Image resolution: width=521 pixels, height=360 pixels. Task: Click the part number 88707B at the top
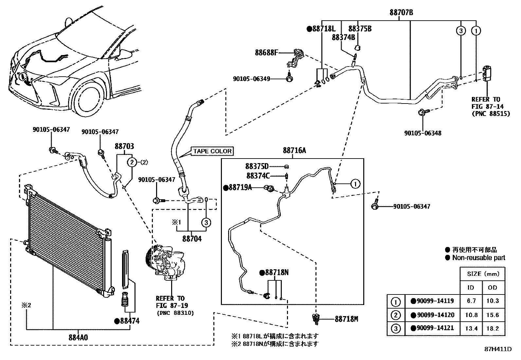point(401,12)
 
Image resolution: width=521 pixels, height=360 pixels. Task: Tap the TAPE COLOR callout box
point(212,151)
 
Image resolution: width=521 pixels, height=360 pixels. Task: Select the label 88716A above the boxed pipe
point(294,150)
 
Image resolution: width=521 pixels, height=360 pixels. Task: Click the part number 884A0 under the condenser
point(78,337)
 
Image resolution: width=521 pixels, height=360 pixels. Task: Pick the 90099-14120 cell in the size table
point(432,315)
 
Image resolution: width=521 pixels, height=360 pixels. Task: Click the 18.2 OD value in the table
point(493,329)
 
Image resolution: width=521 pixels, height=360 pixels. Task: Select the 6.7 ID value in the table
point(471,301)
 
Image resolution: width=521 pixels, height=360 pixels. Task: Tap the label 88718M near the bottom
point(346,319)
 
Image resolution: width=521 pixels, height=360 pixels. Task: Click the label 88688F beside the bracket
point(266,53)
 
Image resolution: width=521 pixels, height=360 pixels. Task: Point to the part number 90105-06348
point(422,133)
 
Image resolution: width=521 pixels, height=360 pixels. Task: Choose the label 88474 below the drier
point(127,321)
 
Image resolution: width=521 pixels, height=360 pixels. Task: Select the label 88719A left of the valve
point(238,187)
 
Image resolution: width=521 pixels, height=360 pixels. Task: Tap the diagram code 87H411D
point(498,349)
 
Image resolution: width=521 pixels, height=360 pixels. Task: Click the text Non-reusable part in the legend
point(479,258)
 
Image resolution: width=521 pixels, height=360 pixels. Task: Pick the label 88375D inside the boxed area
point(257,166)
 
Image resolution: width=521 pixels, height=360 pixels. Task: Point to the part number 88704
point(192,239)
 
